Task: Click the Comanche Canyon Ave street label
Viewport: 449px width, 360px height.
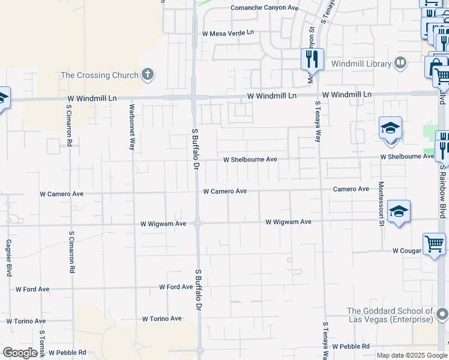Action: point(265,8)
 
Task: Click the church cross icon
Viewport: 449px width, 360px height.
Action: point(148,75)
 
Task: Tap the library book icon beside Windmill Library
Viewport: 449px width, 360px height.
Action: point(400,63)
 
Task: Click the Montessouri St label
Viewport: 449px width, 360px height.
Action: point(381,203)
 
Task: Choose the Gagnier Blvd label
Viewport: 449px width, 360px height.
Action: point(8,258)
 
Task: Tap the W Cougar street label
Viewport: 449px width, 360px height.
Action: point(405,250)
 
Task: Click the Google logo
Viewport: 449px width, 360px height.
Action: point(20,353)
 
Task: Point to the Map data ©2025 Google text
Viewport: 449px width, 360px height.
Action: point(411,355)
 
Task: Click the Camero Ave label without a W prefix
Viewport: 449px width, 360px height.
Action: point(351,189)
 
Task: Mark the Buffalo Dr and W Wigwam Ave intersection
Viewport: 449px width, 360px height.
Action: point(198,223)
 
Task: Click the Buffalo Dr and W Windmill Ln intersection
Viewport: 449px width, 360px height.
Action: point(194,96)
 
